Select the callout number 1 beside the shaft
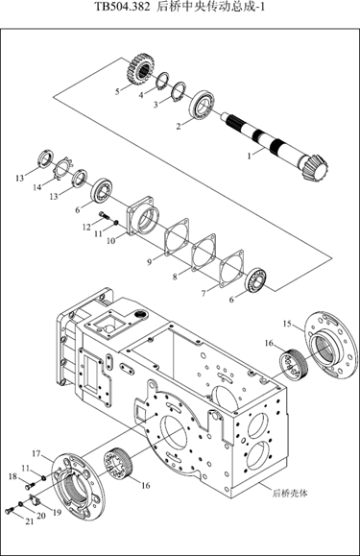tap(250, 156)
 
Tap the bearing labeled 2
tap(202, 105)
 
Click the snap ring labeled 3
tap(179, 92)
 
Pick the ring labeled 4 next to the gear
tap(163, 82)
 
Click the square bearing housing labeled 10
tap(143, 217)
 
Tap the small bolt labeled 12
tap(103, 214)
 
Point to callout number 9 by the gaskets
tap(150, 262)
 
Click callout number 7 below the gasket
tap(204, 293)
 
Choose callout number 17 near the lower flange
tap(36, 453)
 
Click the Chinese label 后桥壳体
tap(290, 493)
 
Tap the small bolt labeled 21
tap(9, 511)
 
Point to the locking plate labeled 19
tap(36, 499)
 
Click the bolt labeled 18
tap(30, 485)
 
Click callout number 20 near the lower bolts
tap(41, 516)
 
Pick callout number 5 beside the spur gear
tap(117, 91)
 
